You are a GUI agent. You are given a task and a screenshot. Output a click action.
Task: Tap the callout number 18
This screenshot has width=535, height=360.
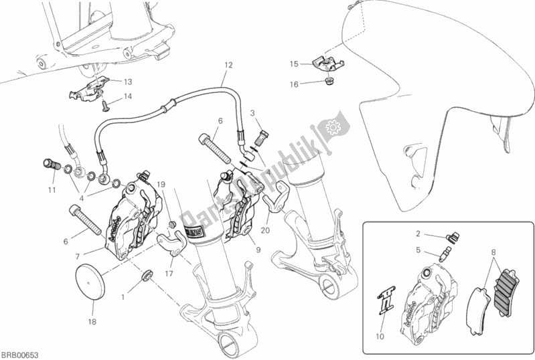(x=92, y=321)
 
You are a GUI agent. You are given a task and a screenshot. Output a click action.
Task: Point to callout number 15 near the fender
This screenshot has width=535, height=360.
(x=293, y=64)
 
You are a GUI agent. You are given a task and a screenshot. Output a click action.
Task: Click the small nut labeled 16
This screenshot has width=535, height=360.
(x=329, y=83)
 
